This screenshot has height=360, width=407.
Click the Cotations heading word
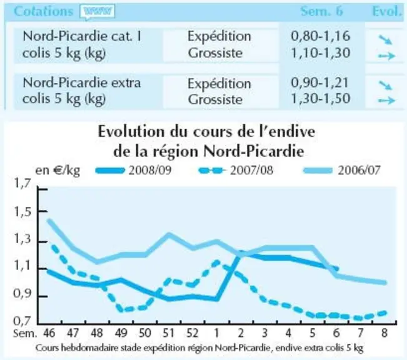point(43,11)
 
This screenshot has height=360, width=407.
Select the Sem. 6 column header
point(321,11)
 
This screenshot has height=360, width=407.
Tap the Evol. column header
point(387,11)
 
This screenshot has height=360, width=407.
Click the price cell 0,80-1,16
point(321,36)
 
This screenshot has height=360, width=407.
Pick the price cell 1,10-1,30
point(321,52)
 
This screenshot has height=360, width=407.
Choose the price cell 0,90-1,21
point(319,82)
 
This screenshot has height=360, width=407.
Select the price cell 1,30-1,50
point(321,99)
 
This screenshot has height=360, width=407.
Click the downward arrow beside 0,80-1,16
point(385,40)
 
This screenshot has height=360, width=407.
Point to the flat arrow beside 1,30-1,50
point(386,100)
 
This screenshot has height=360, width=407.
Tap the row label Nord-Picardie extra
point(82,82)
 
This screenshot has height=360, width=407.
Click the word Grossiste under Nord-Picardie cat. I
point(215,53)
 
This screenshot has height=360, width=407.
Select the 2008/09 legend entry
point(134,171)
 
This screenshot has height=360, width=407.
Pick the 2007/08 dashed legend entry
point(236,171)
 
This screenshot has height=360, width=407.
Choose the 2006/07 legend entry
point(342,171)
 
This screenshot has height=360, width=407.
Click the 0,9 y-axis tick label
point(23,294)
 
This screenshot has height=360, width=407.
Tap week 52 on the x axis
point(192,332)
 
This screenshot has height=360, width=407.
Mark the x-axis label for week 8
point(384,332)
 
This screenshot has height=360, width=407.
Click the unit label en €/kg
point(58,171)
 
